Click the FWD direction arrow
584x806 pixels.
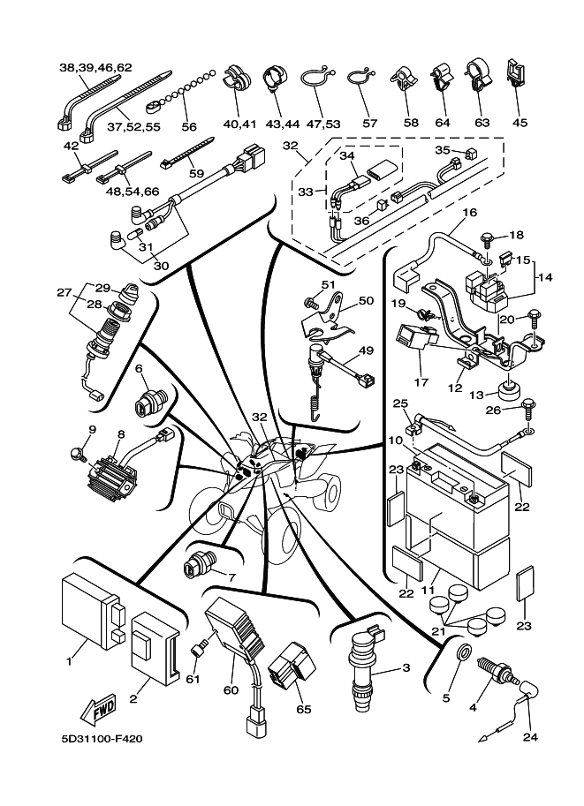pyautogui.click(x=96, y=706)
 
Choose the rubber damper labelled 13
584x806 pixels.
pyautogui.click(x=509, y=389)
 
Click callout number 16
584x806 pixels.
pyautogui.click(x=468, y=213)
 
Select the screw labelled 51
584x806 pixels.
pyautogui.click(x=310, y=302)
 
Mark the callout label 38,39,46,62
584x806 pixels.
pyautogui.click(x=95, y=67)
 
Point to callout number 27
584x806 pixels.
pyautogui.click(x=64, y=293)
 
